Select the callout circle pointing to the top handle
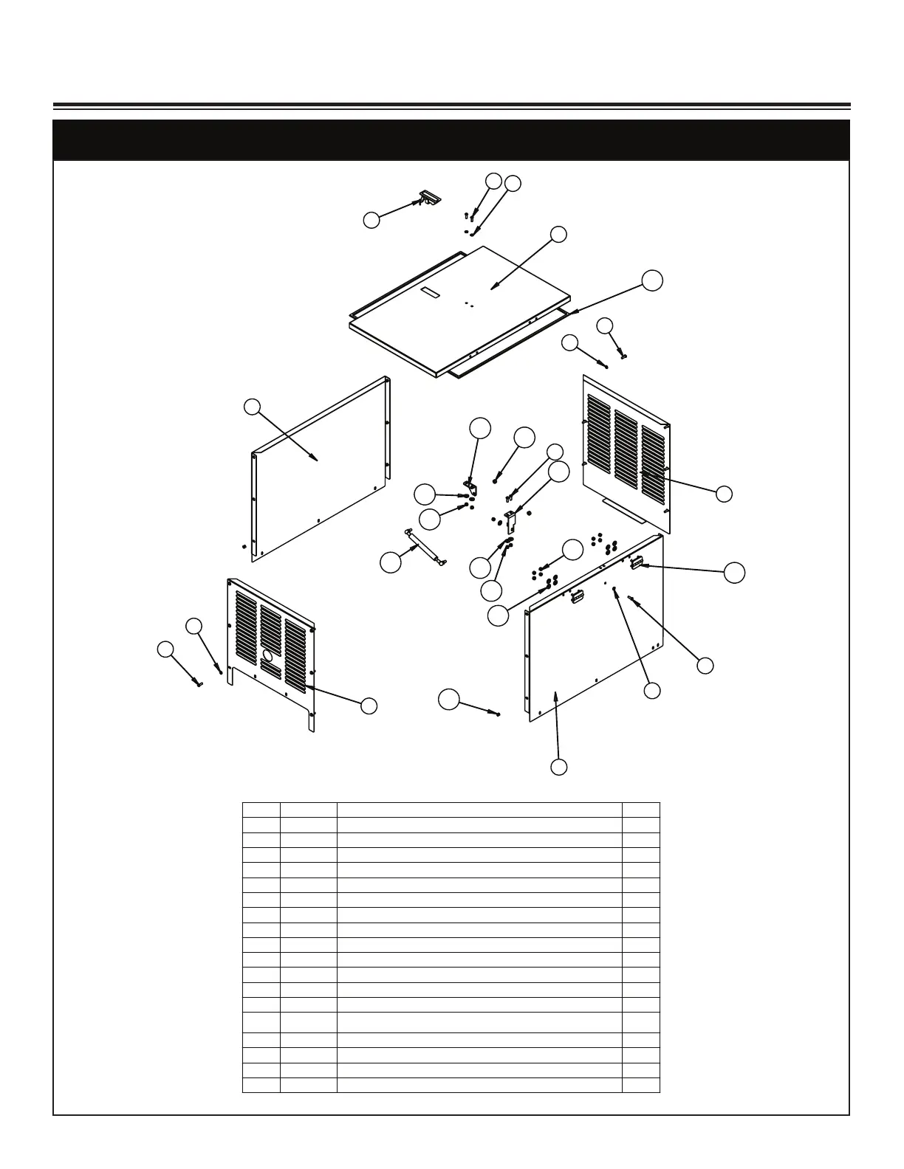coord(372,219)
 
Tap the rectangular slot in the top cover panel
coord(431,293)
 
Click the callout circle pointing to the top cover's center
coord(559,235)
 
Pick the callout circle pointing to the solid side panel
coord(253,406)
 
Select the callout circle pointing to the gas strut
coord(391,562)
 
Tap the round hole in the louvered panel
coord(267,655)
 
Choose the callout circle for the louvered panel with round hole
coord(369,706)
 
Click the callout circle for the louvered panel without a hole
coord(725,494)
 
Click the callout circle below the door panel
coord(559,767)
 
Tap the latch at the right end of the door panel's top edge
coord(636,563)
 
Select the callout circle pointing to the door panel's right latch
coord(734,573)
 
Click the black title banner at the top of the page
coord(451,140)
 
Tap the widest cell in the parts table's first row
coord(479,810)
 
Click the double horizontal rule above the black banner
coord(451,106)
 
